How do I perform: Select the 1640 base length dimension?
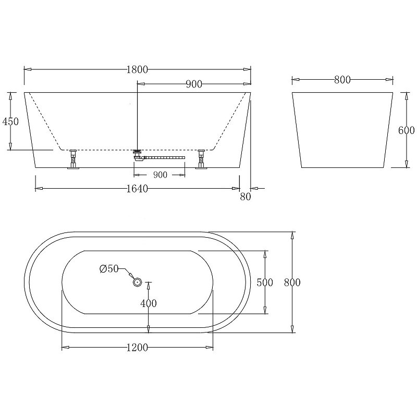tap(137, 189)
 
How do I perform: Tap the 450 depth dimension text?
tap(10, 121)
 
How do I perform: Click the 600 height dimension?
tap(406, 130)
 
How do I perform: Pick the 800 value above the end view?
tap(342, 80)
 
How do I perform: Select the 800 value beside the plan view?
tap(292, 282)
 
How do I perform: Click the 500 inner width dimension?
tap(265, 282)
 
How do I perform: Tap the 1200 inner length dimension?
tap(137, 348)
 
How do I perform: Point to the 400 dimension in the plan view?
tap(149, 303)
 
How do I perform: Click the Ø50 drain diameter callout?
tap(109, 269)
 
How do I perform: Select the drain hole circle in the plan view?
tap(138, 282)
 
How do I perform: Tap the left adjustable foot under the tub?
tap(72, 158)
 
